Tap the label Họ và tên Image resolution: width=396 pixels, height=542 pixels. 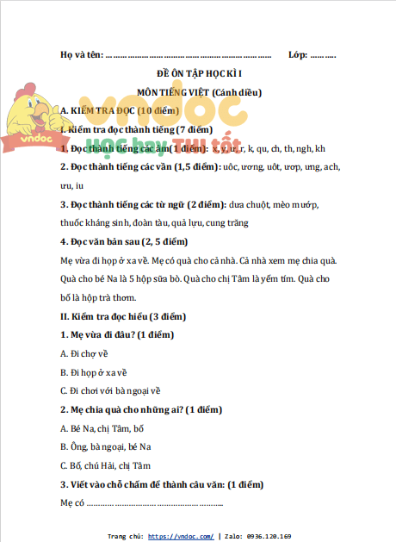80,54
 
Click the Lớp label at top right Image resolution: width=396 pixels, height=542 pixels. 298,54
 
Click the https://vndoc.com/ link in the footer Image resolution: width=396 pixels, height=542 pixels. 181,536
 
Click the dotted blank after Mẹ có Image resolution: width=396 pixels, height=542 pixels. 155,503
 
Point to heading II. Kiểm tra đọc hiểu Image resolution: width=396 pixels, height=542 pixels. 122,316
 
